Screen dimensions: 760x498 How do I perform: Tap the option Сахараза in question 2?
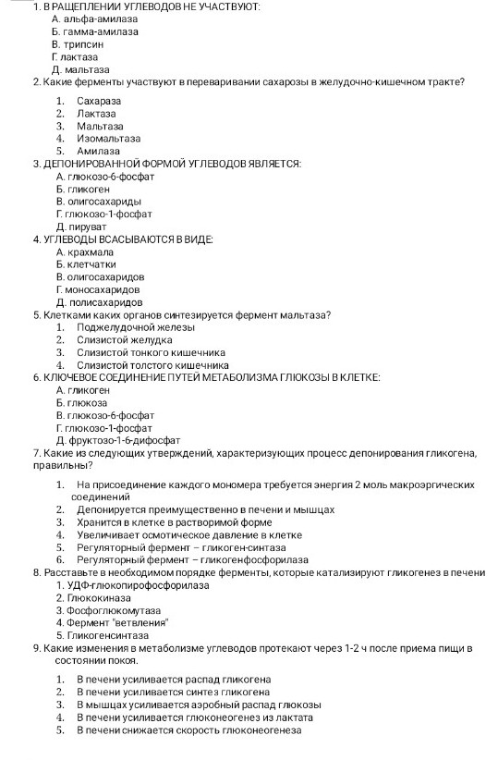click(100, 100)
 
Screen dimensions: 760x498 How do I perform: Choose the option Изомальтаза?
click(109, 138)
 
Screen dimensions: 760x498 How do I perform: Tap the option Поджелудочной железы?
click(136, 327)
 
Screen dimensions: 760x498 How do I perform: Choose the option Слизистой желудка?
click(125, 339)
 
